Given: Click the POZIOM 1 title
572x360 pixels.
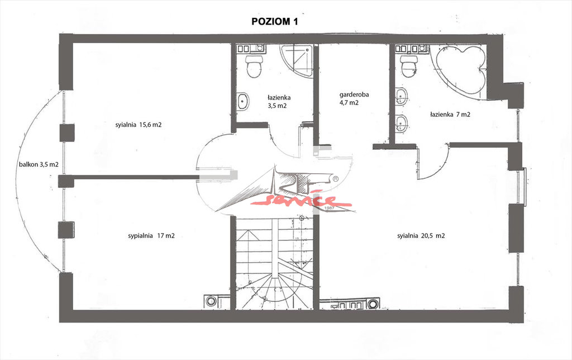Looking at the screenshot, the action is (x=275, y=22).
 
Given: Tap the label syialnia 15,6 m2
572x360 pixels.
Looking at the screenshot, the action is (x=139, y=125).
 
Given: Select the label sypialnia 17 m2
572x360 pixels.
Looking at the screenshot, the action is (x=151, y=236).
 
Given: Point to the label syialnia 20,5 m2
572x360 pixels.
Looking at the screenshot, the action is (x=421, y=236).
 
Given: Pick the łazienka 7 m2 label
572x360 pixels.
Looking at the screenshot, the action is (x=450, y=114).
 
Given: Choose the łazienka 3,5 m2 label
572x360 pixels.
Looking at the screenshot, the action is (x=279, y=102).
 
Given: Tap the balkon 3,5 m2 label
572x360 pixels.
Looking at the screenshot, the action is (x=39, y=164).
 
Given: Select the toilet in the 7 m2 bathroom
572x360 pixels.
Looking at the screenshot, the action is (x=409, y=66).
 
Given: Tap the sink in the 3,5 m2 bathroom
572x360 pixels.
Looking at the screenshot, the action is (x=243, y=102).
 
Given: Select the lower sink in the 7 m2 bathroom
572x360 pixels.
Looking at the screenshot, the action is (x=402, y=124).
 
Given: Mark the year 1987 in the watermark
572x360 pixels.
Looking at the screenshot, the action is (x=329, y=208).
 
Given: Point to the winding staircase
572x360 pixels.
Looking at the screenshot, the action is (x=274, y=263).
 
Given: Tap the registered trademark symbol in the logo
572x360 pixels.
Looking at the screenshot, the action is (x=335, y=178).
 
